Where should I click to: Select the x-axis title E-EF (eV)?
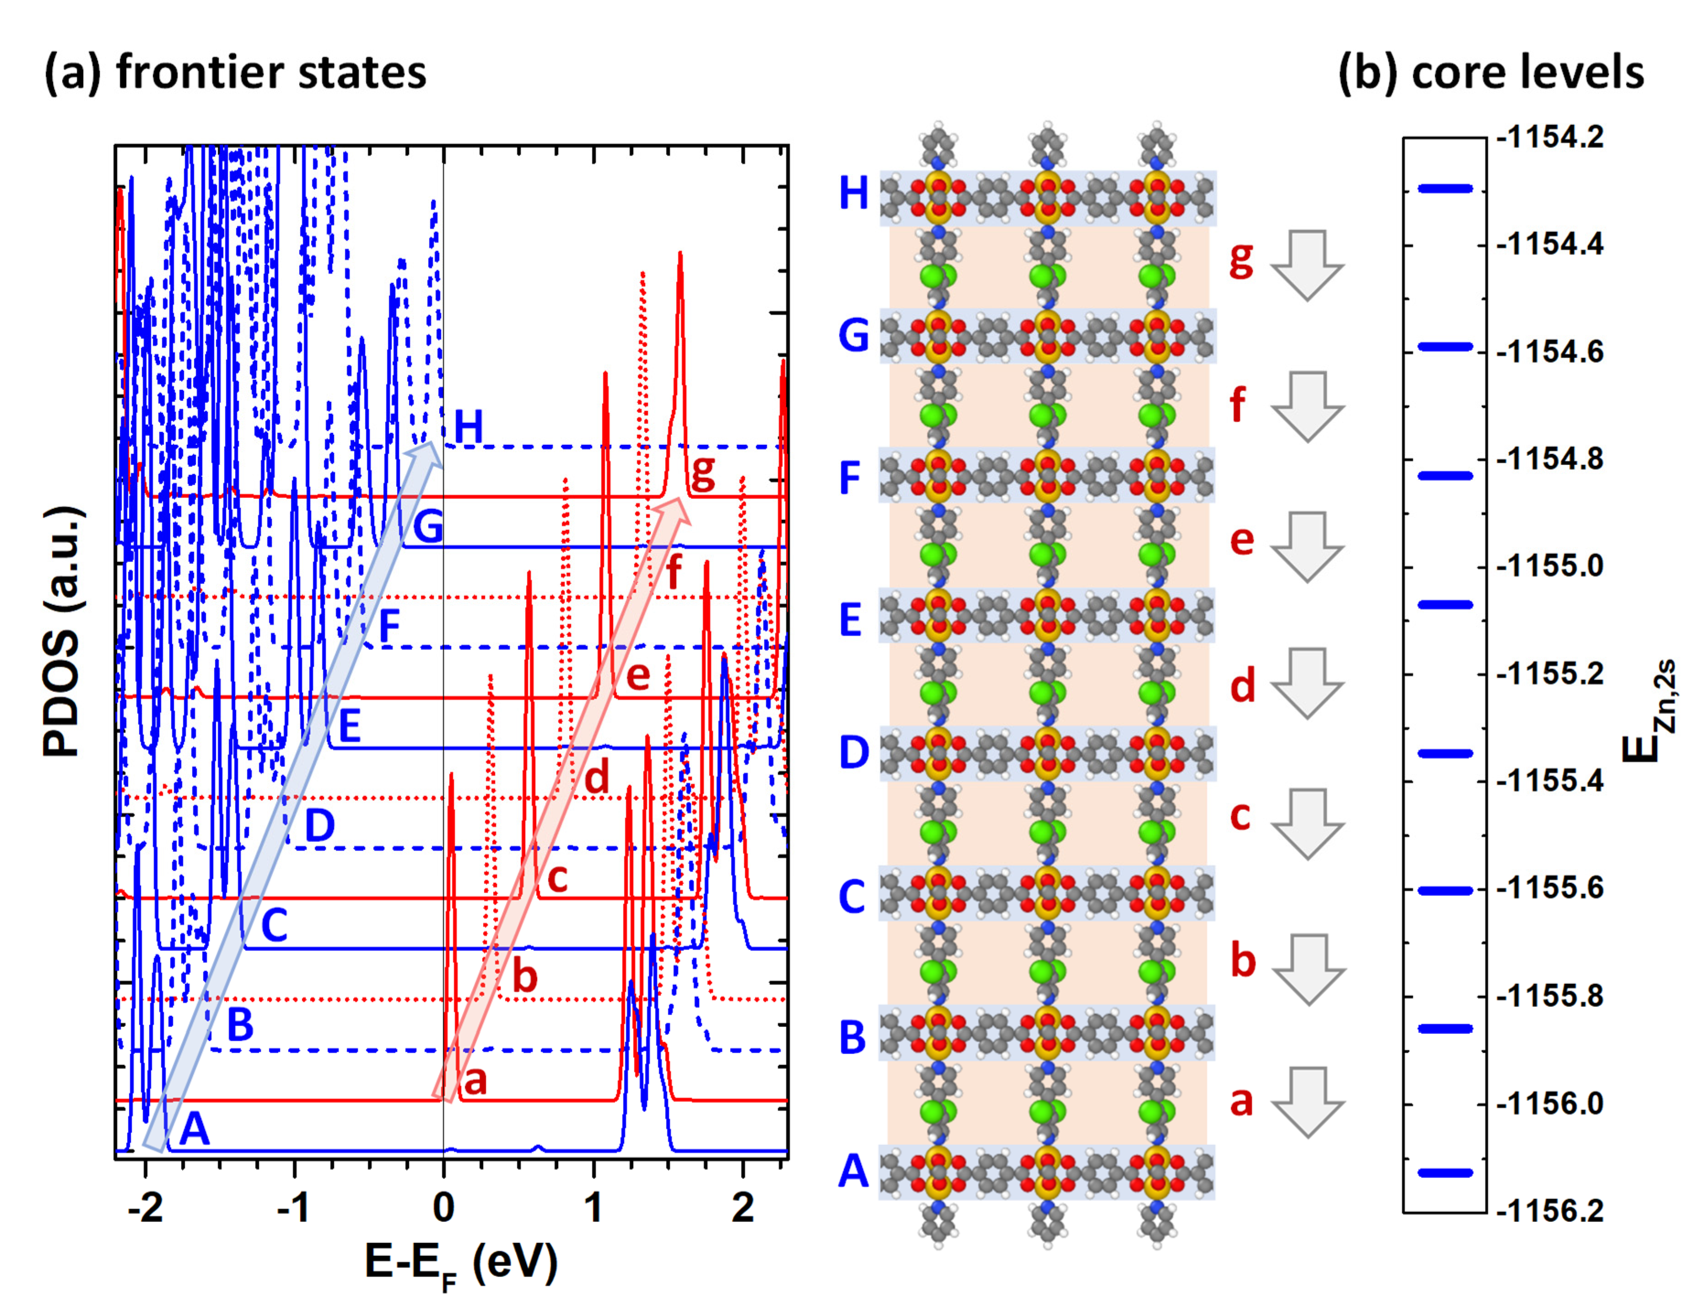[x=461, y=1264]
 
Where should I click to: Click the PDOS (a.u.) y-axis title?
[x=62, y=630]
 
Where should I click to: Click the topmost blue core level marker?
[x=1444, y=188]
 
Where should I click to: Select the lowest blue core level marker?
[x=1444, y=1172]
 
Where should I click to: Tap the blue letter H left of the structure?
[x=853, y=193]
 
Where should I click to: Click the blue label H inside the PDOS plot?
[x=469, y=427]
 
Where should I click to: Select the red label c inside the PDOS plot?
[x=557, y=878]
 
